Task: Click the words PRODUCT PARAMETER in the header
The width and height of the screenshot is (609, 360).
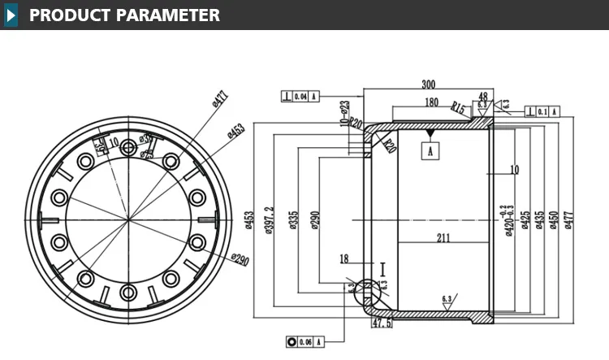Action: click(x=124, y=15)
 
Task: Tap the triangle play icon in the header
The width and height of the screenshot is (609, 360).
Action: click(x=11, y=15)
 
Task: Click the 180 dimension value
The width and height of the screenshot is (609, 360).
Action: click(x=432, y=102)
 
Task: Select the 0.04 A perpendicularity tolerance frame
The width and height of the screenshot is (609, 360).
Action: click(x=300, y=97)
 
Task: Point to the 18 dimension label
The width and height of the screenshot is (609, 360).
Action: click(x=344, y=259)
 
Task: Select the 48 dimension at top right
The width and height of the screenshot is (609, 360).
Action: click(x=482, y=97)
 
